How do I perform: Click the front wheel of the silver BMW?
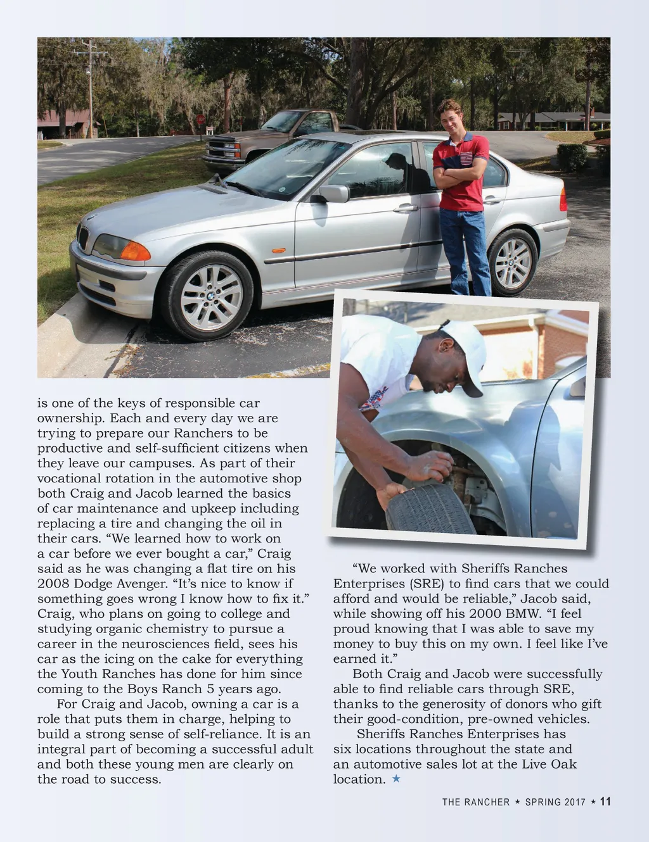coord(207,295)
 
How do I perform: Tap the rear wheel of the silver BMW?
coord(513,262)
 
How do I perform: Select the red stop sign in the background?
coord(201,119)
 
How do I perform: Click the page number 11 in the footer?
coord(605,801)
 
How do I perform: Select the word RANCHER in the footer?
coord(487,802)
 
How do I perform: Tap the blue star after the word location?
coord(396,779)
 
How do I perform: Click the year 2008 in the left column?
coord(53,584)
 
